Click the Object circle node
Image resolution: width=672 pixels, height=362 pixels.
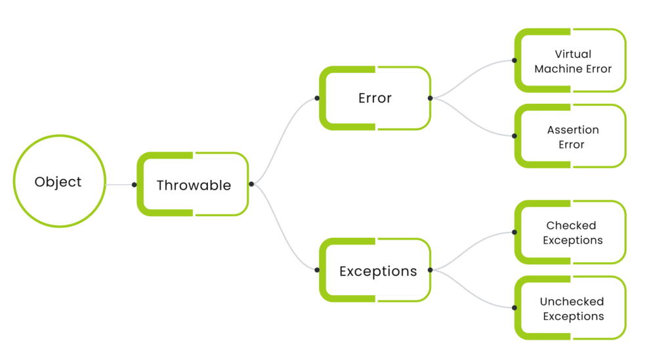click(x=59, y=182)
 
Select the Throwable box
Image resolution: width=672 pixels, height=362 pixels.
click(x=193, y=185)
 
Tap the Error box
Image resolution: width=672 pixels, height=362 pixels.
click(x=375, y=98)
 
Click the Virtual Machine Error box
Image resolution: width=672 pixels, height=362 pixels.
click(x=572, y=61)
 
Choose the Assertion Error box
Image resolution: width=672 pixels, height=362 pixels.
click(x=572, y=137)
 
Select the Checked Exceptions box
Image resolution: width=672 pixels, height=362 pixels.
click(x=572, y=233)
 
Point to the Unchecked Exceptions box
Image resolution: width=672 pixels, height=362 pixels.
click(x=572, y=309)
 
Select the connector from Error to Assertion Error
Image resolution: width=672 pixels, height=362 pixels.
click(x=472, y=123)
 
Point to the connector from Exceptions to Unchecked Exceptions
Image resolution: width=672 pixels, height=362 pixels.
click(x=472, y=294)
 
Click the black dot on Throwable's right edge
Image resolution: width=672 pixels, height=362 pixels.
click(x=251, y=185)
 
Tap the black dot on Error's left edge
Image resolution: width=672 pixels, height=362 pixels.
click(x=317, y=99)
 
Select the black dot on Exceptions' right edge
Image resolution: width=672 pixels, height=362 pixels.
click(x=430, y=270)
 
